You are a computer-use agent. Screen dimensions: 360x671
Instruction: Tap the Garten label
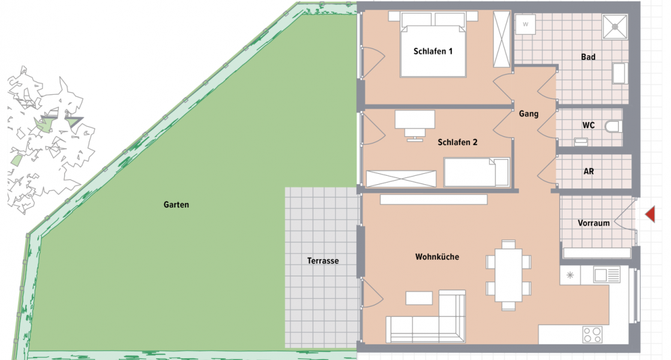[x=176, y=205]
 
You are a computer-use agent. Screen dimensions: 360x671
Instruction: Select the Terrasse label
[x=323, y=260]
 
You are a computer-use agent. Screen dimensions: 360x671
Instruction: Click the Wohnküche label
[x=437, y=257]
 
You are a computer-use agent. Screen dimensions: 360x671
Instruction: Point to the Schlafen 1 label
[x=433, y=52]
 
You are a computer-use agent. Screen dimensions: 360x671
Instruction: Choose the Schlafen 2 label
[x=457, y=142]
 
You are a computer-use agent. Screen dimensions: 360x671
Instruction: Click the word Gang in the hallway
[x=529, y=113]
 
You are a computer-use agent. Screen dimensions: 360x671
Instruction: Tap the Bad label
[x=588, y=57]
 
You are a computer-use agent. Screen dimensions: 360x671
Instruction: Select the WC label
[x=588, y=126]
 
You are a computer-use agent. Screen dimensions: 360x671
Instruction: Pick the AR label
[x=589, y=171]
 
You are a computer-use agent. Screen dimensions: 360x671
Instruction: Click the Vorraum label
[x=594, y=223]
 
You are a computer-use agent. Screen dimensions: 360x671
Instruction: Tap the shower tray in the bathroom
[x=615, y=25]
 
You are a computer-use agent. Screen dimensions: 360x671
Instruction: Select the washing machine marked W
[x=526, y=25]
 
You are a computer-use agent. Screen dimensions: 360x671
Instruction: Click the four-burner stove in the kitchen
[x=592, y=334]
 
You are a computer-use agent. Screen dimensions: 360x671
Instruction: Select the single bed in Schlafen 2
[x=476, y=172]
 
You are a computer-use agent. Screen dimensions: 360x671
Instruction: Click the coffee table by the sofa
[x=418, y=298]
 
